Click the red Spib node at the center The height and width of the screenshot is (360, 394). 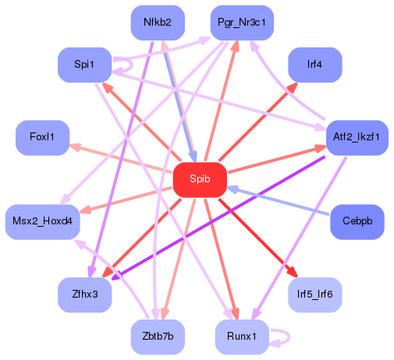(x=200, y=179)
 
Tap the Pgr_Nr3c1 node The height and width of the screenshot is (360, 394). (x=242, y=23)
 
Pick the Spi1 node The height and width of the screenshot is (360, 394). (x=84, y=64)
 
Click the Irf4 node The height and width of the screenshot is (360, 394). (x=315, y=64)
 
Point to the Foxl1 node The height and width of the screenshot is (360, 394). (x=42, y=138)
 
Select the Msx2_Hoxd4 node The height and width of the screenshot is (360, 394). (x=42, y=221)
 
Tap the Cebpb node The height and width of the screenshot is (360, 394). (x=357, y=221)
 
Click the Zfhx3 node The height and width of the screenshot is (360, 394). (x=84, y=295)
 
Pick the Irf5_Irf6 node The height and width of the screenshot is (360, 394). (x=315, y=295)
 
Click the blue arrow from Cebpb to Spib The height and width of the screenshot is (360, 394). (x=281, y=202)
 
